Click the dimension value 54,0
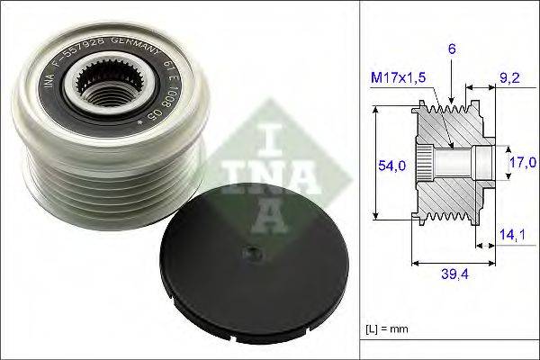386,166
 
